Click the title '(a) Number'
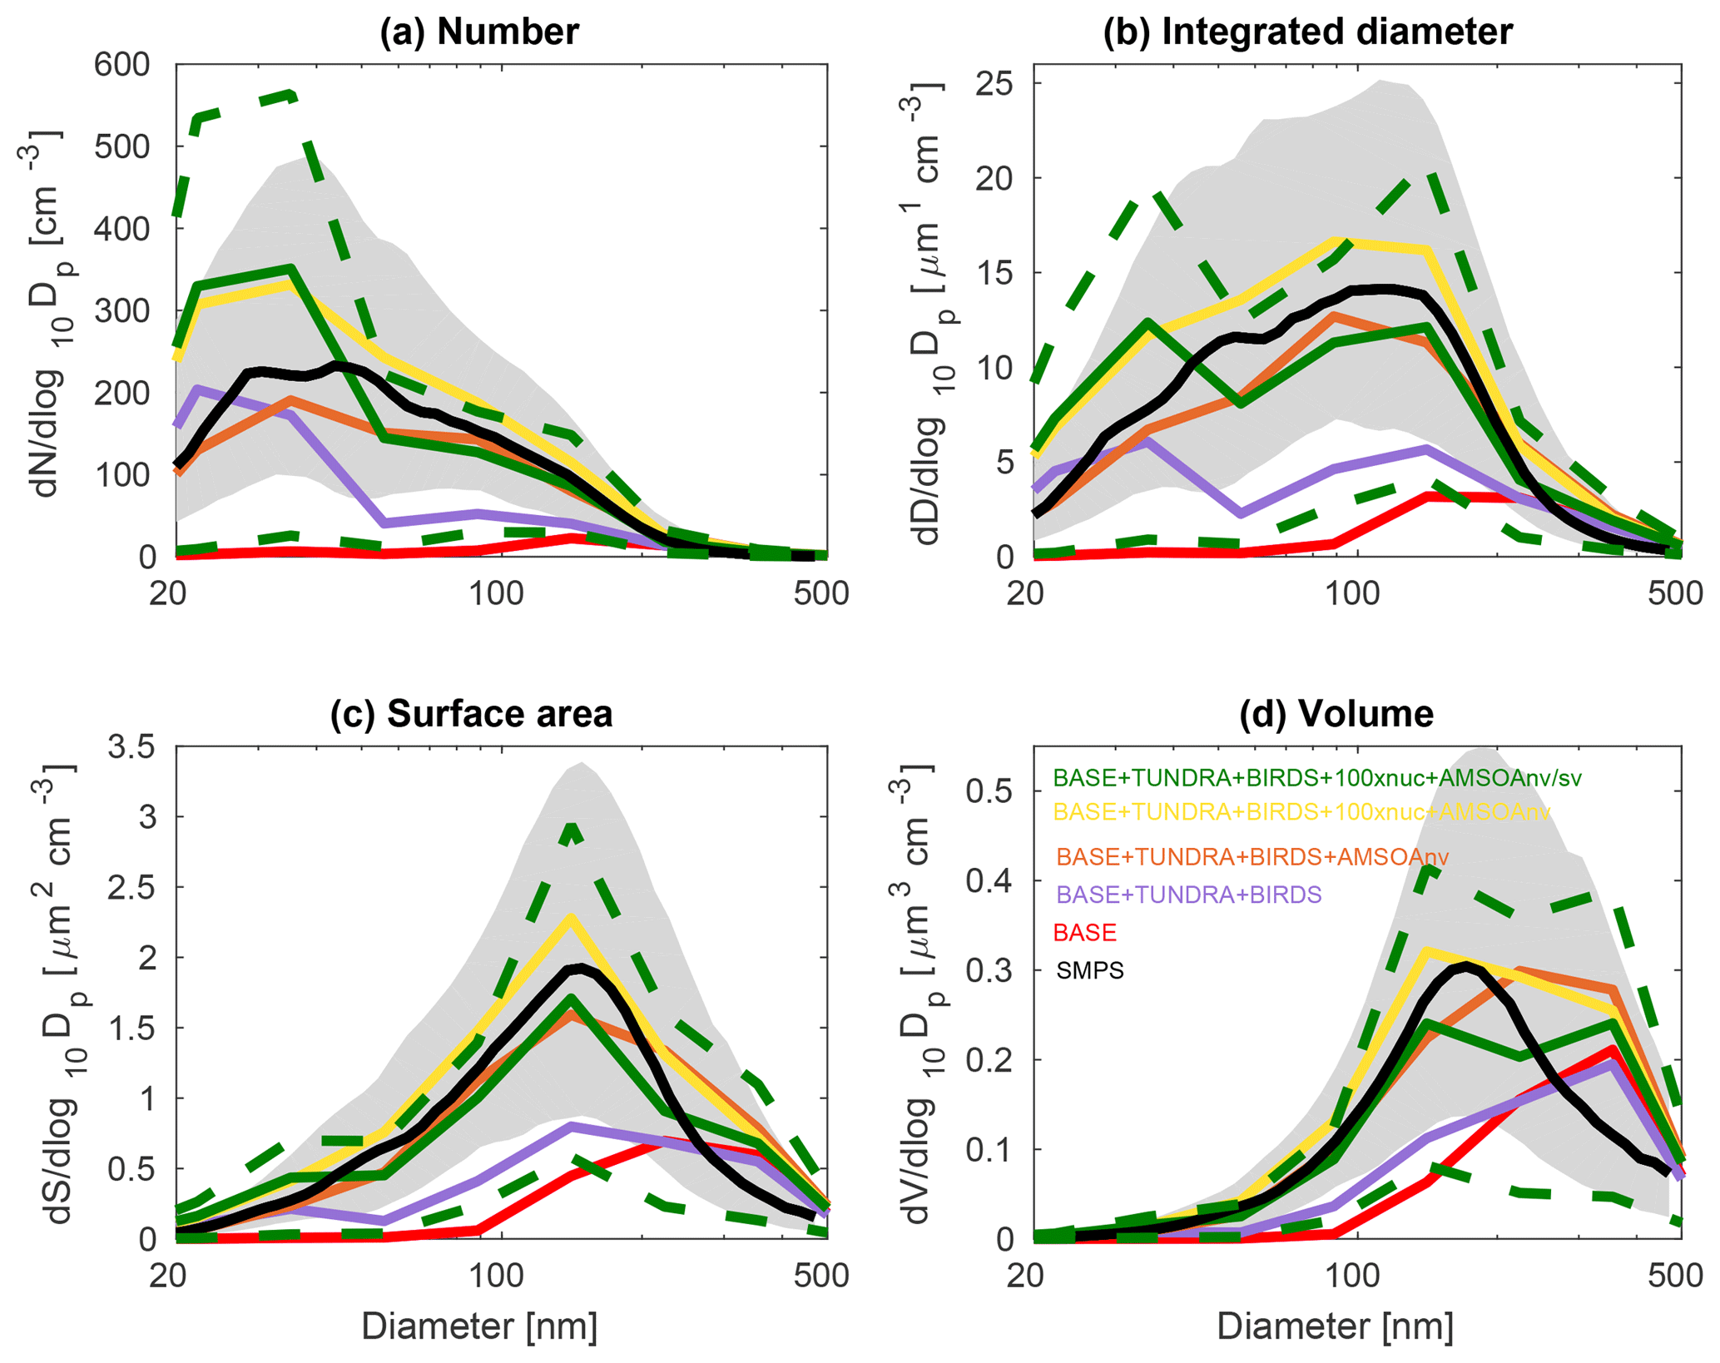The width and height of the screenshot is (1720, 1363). click(x=478, y=32)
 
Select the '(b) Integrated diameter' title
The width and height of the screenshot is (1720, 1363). click(x=1307, y=32)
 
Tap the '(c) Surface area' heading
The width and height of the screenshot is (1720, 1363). click(x=471, y=714)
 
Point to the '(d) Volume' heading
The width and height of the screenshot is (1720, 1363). click(x=1336, y=714)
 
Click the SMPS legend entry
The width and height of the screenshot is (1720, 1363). click(x=1089, y=970)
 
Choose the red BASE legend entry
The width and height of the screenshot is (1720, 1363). click(x=1084, y=932)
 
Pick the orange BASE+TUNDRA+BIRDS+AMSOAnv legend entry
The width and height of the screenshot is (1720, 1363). click(x=1252, y=856)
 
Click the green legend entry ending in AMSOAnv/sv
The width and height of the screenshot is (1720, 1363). click(x=1316, y=778)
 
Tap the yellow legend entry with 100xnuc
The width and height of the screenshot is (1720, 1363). click(x=1301, y=811)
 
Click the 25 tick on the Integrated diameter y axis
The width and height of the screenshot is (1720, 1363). click(x=999, y=84)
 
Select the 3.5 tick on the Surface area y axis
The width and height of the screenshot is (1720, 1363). click(x=131, y=747)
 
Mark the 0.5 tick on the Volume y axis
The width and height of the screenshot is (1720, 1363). click(x=988, y=791)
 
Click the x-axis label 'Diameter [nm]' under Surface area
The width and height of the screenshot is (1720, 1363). click(x=479, y=1326)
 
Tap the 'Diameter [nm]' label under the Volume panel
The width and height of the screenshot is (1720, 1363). click(x=1335, y=1326)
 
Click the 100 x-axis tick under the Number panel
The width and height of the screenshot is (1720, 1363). click(x=496, y=594)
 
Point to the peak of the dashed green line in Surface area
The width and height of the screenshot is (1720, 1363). click(x=571, y=825)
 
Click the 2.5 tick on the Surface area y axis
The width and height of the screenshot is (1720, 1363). click(x=131, y=888)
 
